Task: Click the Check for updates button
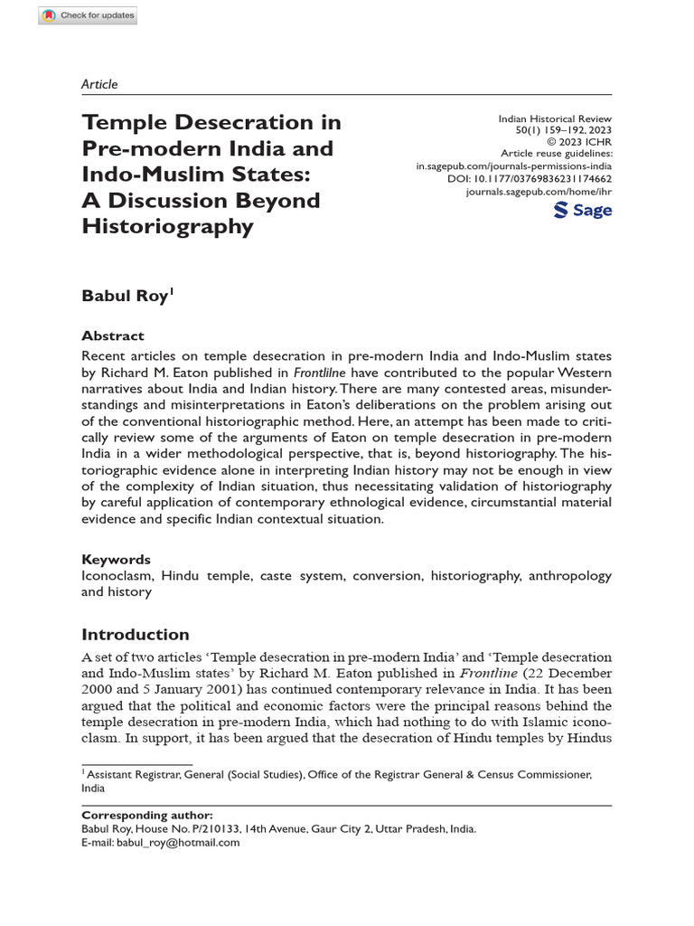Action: pyautogui.click(x=89, y=15)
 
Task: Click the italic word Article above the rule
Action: pyautogui.click(x=99, y=84)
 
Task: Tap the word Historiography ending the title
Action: pyautogui.click(x=167, y=225)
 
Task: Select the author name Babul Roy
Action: pyautogui.click(x=125, y=295)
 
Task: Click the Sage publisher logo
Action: pyautogui.click(x=582, y=211)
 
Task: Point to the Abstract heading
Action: pyautogui.click(x=112, y=335)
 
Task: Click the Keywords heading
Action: pyautogui.click(x=116, y=559)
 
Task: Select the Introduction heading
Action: pyautogui.click(x=136, y=634)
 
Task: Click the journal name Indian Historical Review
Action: pyautogui.click(x=555, y=118)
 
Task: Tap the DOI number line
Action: pyautogui.click(x=530, y=179)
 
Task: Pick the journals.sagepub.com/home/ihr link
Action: pyautogui.click(x=539, y=192)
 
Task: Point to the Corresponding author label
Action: pyautogui.click(x=147, y=815)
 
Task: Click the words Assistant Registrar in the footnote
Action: pyautogui.click(x=130, y=775)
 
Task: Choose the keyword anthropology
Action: pyautogui.click(x=569, y=576)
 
